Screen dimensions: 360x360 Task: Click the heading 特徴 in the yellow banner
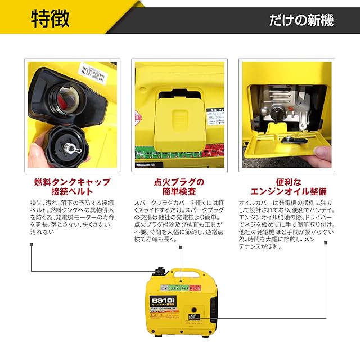[50, 18]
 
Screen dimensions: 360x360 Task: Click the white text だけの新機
[301, 21]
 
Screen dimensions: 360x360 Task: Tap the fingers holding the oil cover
[324, 153]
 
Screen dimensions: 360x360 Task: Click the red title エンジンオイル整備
[288, 192]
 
